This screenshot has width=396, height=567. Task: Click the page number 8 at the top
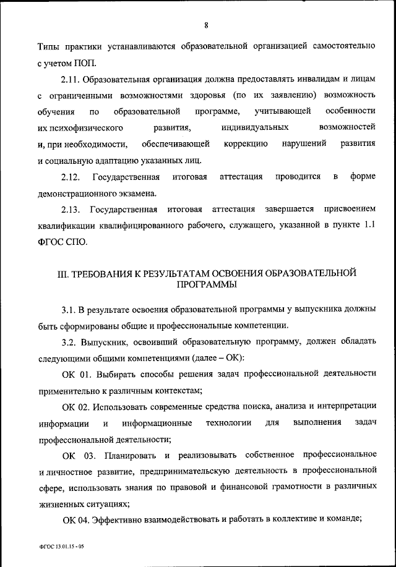[205, 25]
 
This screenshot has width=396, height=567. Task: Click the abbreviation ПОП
[85, 62]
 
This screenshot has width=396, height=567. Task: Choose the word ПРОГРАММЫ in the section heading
[205, 286]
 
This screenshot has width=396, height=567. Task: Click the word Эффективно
[121, 520]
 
